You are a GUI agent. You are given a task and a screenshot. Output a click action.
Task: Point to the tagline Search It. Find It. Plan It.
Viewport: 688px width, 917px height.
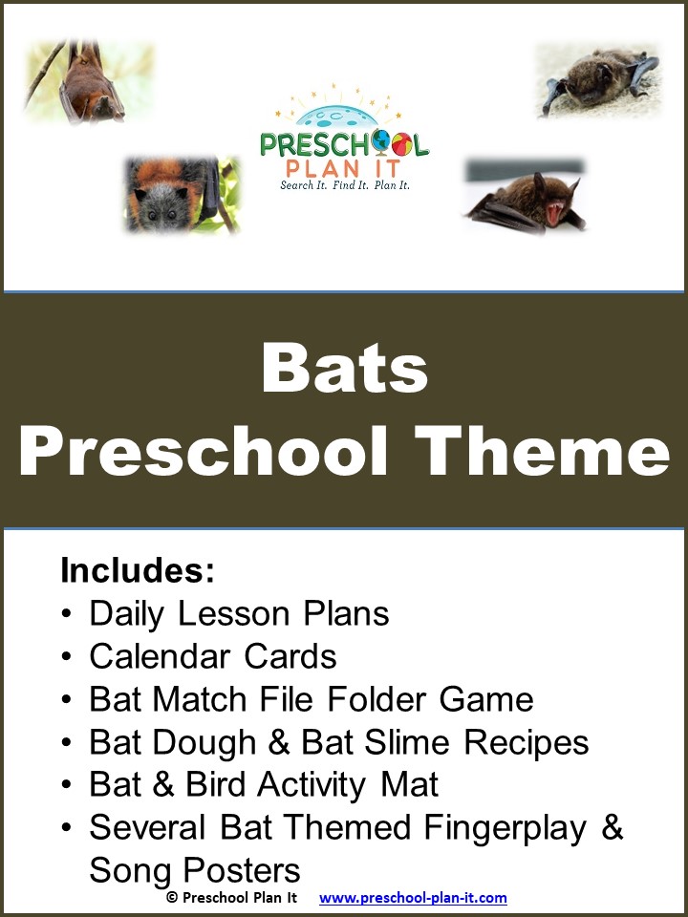344,184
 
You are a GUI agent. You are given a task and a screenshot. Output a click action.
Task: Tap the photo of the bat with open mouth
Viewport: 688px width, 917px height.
525,197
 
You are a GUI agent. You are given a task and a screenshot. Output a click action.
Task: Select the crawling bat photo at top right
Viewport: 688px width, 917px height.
598,79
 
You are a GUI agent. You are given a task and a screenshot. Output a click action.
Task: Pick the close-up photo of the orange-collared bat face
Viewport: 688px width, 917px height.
182,196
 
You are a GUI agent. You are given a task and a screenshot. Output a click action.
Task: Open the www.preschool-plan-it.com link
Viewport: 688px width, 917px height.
413,898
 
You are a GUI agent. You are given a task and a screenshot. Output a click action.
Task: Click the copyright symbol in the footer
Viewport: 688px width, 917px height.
172,898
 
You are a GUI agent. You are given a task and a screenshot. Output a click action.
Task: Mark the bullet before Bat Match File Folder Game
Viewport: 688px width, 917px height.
66,700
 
